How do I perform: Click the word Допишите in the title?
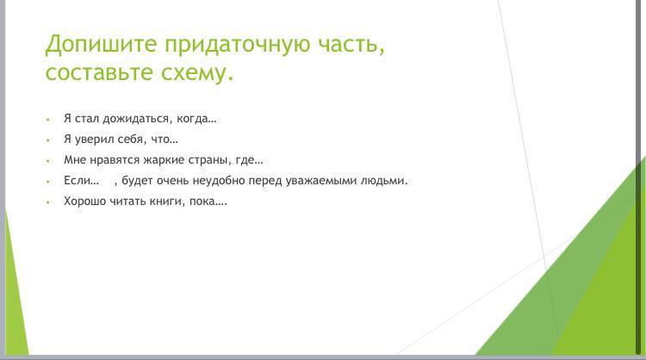pos(102,45)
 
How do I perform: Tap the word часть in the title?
pos(348,45)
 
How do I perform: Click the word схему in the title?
pos(194,73)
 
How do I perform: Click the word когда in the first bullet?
pos(192,119)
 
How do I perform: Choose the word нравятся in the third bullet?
pos(114,160)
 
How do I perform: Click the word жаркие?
pos(164,160)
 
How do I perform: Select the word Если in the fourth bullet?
pos(76,180)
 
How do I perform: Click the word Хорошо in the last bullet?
pos(85,202)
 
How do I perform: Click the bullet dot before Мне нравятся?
pos(48,161)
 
